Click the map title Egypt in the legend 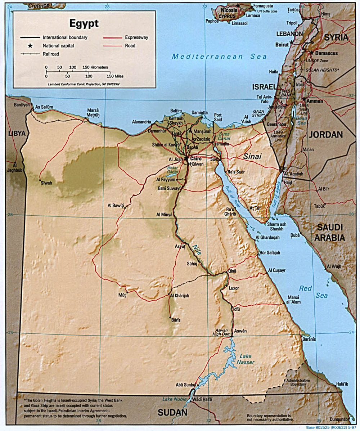pos(84,24)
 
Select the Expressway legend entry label pos(136,37)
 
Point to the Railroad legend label pos(51,54)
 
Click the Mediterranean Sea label pos(219,57)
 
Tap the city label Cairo pos(197,158)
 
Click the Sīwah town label pos(46,183)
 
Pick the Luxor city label pos(234,288)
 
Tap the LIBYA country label pos(17,134)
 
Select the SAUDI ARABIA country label pos(330,233)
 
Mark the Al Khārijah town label pos(179,296)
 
